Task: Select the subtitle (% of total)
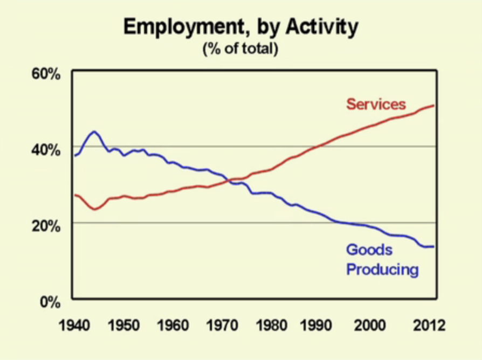tap(240, 50)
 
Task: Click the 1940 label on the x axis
tap(75, 326)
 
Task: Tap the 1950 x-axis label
tap(123, 326)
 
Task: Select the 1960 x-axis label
tap(173, 326)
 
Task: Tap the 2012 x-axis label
tap(430, 326)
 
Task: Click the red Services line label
tap(376, 104)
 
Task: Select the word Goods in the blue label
tap(369, 250)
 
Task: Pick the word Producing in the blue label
tap(382, 269)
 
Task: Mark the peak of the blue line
tap(94, 131)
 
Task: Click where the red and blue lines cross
tap(232, 181)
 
